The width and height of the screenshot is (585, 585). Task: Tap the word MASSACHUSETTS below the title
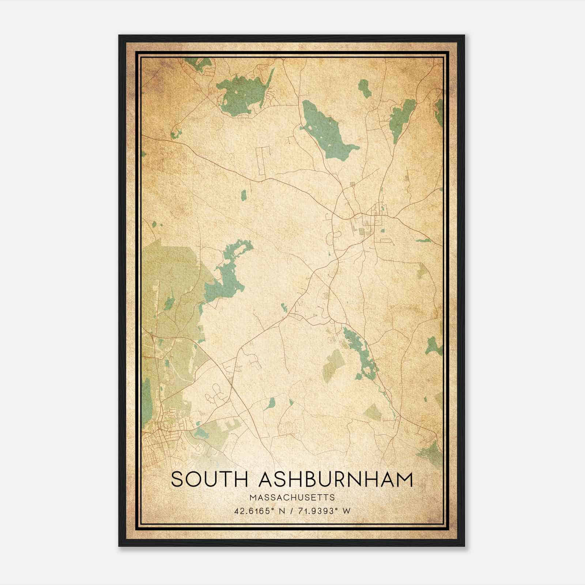pos(292,497)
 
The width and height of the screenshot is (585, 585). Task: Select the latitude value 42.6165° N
pos(261,511)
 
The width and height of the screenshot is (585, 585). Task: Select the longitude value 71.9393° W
pos(323,511)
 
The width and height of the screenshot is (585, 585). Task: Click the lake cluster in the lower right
pos(358,351)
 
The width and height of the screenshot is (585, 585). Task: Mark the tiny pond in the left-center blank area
pos(244,196)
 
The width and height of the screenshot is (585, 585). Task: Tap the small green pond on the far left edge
pos(154,224)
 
